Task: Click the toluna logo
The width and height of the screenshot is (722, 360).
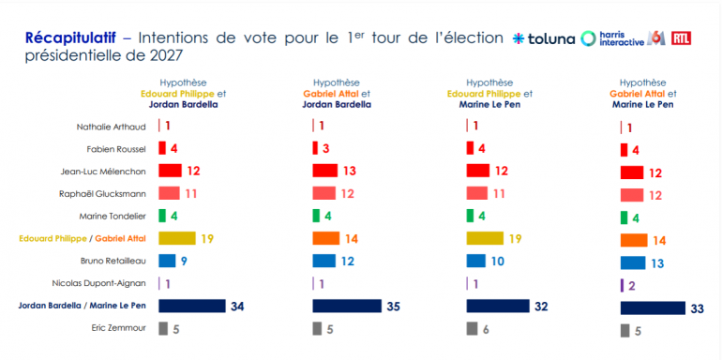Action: pyautogui.click(x=544, y=38)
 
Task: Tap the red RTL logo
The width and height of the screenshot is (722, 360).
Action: pyautogui.click(x=681, y=38)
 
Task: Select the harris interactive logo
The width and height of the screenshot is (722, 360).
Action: pyautogui.click(x=612, y=38)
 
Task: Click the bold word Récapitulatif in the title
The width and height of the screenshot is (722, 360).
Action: pyautogui.click(x=70, y=37)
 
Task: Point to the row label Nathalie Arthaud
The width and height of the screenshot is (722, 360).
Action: pyautogui.click(x=111, y=127)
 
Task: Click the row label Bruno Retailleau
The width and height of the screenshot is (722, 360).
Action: pyautogui.click(x=113, y=261)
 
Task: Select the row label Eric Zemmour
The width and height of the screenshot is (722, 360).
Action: pyautogui.click(x=119, y=328)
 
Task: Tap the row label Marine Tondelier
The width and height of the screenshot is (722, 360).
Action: pyautogui.click(x=113, y=216)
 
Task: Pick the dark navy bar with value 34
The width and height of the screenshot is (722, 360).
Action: pyautogui.click(x=192, y=307)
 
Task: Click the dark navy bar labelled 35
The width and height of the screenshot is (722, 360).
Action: pyautogui.click(x=347, y=307)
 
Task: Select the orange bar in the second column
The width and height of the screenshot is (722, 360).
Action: pyautogui.click(x=326, y=238)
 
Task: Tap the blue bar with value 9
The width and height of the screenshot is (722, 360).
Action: pyautogui.click(x=167, y=261)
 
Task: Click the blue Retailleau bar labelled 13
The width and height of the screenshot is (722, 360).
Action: pyautogui.click(x=633, y=262)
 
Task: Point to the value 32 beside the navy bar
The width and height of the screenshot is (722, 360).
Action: pyautogui.click(x=541, y=307)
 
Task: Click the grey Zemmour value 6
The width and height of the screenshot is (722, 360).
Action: pyautogui.click(x=486, y=329)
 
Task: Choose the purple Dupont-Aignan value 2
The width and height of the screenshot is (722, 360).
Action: pyautogui.click(x=632, y=286)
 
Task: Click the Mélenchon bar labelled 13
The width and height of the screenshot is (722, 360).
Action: pyautogui.click(x=325, y=171)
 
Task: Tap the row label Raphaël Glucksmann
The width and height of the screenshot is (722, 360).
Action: pyautogui.click(x=103, y=194)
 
